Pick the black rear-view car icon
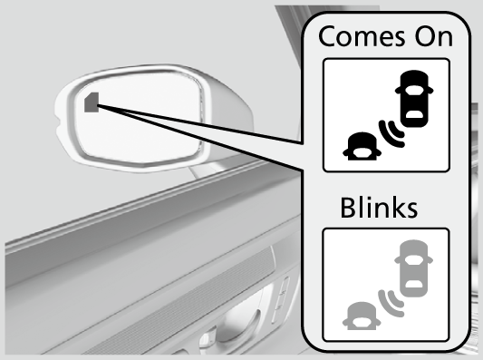click(359, 146)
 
